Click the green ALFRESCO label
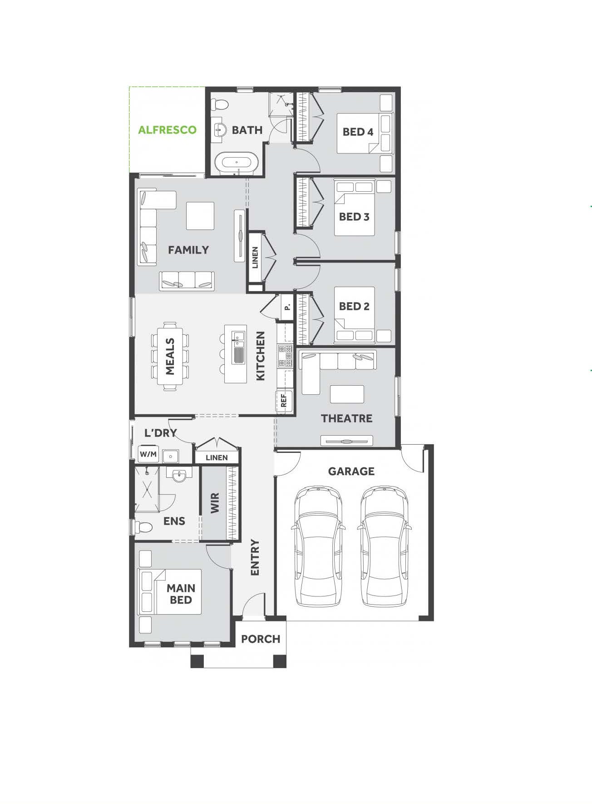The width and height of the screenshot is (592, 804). [x=167, y=130]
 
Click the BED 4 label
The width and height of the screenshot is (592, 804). [x=358, y=132]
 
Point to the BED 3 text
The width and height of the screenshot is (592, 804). [x=354, y=217]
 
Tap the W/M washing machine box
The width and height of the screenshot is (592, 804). [x=148, y=454]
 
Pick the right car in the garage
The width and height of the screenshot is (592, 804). [x=384, y=546]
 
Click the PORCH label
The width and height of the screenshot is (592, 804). [x=261, y=639]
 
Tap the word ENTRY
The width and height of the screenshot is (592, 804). [x=255, y=557]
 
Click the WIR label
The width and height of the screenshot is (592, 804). [x=215, y=503]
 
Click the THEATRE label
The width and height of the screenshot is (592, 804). [x=347, y=418]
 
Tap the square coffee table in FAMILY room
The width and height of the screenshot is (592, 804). [x=200, y=216]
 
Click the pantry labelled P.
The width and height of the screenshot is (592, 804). [x=286, y=308]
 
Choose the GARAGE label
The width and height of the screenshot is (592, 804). [x=351, y=471]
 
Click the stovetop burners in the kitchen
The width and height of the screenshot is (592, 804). [x=285, y=356]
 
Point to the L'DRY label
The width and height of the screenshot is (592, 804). [x=161, y=433]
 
